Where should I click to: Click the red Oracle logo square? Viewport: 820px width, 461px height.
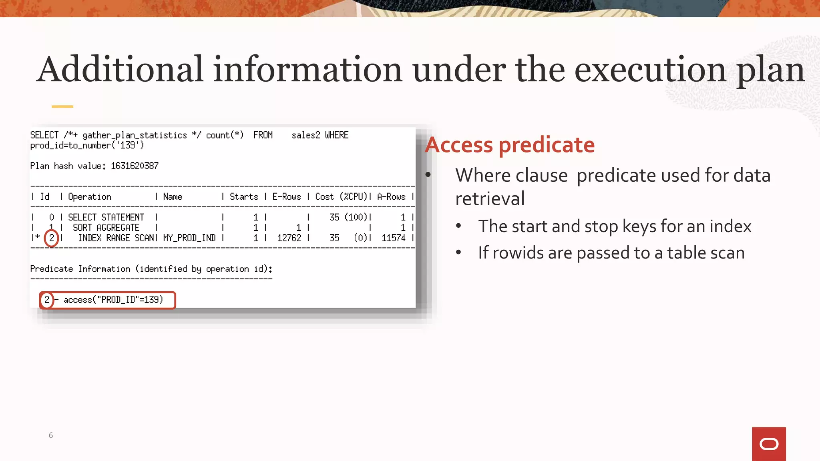[769, 444]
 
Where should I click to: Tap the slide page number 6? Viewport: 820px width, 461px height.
[51, 435]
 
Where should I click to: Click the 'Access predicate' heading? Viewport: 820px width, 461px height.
[510, 144]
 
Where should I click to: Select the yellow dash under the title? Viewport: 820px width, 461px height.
[62, 106]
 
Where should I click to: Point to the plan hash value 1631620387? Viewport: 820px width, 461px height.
[135, 166]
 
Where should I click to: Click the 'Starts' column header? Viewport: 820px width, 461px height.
[244, 197]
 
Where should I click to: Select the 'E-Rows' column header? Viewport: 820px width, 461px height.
[287, 197]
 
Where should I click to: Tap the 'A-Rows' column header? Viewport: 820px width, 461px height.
[391, 197]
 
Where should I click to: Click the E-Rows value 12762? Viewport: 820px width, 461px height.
[289, 238]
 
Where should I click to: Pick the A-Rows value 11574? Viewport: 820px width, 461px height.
[393, 238]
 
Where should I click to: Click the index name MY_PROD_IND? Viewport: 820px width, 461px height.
[189, 238]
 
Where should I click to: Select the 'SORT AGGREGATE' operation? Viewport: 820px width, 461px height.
[106, 228]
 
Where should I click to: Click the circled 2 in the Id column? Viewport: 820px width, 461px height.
[51, 238]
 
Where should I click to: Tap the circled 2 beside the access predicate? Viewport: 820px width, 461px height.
[47, 300]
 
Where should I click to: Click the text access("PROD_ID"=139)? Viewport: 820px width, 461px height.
[113, 300]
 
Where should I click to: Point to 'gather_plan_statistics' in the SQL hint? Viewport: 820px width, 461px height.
[135, 135]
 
